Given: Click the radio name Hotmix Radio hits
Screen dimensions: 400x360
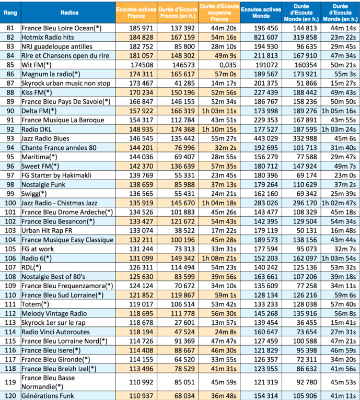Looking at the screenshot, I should pyautogui.click(x=47, y=37).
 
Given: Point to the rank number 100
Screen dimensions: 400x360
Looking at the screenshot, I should pyautogui.click(x=10, y=202).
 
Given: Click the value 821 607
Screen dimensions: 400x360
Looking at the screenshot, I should pyautogui.click(x=265, y=37).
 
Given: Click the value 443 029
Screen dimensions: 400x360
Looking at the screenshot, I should pyautogui.click(x=265, y=138).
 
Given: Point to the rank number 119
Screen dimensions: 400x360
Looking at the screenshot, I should pyautogui.click(x=10, y=382).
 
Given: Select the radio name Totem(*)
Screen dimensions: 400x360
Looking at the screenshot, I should pyautogui.click(x=35, y=303).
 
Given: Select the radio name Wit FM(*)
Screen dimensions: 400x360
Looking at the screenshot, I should pyautogui.click(x=37, y=65).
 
